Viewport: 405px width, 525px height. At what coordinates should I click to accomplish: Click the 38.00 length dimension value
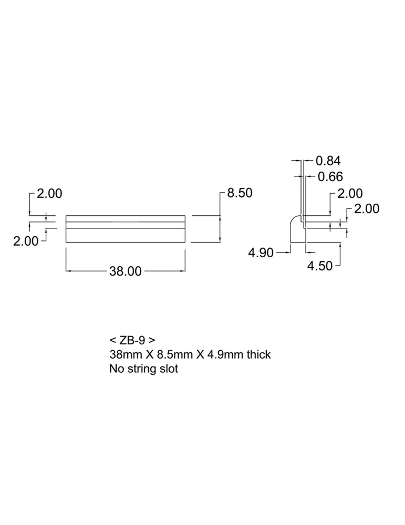(126, 271)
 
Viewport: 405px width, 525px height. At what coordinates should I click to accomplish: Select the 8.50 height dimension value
(240, 193)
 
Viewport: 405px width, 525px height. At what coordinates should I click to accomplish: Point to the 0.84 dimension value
(328, 161)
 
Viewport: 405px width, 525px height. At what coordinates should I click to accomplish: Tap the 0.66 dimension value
(330, 177)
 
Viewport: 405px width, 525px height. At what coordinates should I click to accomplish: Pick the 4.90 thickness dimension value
(261, 253)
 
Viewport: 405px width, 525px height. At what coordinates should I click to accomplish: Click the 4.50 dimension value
(320, 266)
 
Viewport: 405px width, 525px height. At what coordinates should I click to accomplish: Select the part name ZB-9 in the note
(132, 340)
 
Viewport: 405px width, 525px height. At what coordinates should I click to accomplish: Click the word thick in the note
(258, 354)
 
